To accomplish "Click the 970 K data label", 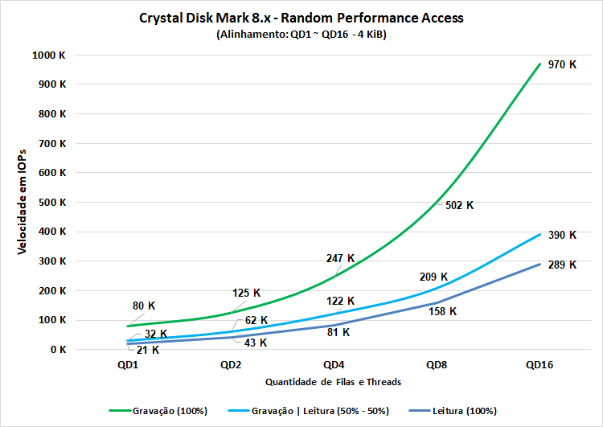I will coord(562,64).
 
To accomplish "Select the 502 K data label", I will coord(459,205).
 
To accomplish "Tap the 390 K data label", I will coord(562,235).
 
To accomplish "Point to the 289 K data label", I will coord(562,265).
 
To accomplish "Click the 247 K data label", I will coord(340,258).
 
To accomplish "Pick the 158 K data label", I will coord(442,311).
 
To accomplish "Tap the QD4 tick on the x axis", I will coord(335,365).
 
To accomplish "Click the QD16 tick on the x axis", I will coord(540,365).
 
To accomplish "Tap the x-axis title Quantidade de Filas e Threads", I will coord(334,381).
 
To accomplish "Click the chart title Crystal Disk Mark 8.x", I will coord(301,18).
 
